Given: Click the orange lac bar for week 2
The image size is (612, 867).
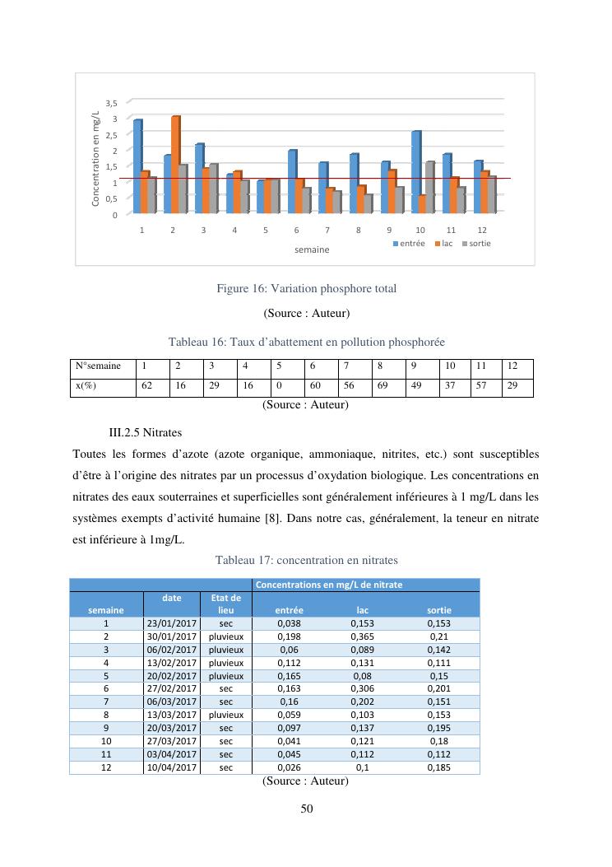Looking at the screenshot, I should [x=174, y=165].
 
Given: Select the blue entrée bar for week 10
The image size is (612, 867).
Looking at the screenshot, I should [x=415, y=172].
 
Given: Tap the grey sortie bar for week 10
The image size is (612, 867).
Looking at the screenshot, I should [x=429, y=187].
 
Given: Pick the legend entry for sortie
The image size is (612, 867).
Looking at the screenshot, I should [x=479, y=244].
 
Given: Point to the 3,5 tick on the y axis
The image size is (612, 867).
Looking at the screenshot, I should [x=112, y=103].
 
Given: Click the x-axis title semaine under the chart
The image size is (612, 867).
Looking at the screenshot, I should [x=312, y=249].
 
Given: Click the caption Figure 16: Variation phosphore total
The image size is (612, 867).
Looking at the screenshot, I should [x=306, y=289].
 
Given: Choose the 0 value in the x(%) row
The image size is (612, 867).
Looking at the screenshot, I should [x=279, y=385].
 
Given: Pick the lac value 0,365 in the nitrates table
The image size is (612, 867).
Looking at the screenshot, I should [x=362, y=636].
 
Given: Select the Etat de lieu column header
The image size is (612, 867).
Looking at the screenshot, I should [x=226, y=604].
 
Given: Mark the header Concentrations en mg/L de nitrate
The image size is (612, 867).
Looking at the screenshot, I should [x=329, y=584].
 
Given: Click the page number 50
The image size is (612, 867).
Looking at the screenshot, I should [x=306, y=809].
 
